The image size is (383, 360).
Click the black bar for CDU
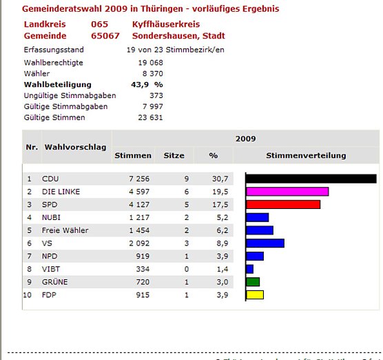[x=311, y=179]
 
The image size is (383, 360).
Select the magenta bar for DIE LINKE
[x=287, y=192]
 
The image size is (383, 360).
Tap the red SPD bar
[x=282, y=204]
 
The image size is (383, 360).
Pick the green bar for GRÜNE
[x=252, y=281]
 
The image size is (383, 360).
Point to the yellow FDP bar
[x=254, y=294]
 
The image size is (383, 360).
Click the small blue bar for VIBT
[x=249, y=269]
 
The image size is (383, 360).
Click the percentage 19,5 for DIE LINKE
[x=220, y=192]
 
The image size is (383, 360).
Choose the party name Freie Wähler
[x=65, y=230]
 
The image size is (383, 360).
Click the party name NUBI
[x=52, y=217]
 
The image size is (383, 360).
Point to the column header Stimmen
[x=133, y=156]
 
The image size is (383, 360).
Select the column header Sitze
[x=174, y=156]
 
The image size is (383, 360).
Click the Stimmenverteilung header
[x=306, y=156]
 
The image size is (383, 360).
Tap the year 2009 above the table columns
[x=245, y=139]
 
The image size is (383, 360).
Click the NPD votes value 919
[x=144, y=256]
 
